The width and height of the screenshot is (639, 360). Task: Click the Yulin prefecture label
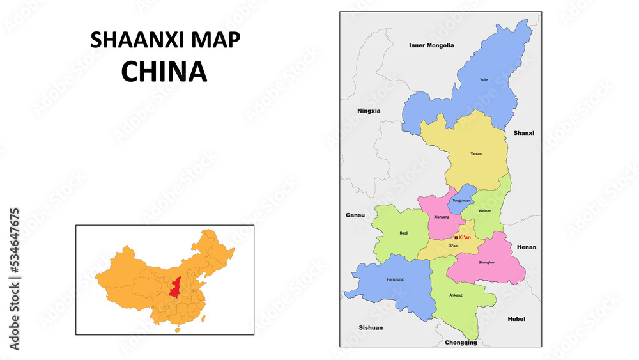(484, 80)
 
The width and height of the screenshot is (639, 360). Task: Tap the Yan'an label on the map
(476, 153)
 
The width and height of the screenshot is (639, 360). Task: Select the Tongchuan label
(461, 201)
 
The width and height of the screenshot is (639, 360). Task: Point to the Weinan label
(486, 210)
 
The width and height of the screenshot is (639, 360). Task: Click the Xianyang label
(442, 217)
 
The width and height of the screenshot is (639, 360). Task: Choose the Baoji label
(404, 233)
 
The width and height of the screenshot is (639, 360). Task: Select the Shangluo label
(486, 262)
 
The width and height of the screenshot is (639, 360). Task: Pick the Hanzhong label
(396, 279)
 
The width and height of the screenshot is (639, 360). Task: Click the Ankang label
(456, 295)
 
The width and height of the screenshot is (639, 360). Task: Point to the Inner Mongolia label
(431, 45)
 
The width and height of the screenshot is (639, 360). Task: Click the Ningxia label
(369, 111)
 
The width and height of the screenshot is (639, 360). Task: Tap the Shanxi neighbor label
(523, 133)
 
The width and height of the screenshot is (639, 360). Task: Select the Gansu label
(355, 215)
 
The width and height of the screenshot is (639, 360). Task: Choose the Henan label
(527, 247)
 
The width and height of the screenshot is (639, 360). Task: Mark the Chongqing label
(461, 343)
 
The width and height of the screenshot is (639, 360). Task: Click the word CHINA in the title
(164, 72)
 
